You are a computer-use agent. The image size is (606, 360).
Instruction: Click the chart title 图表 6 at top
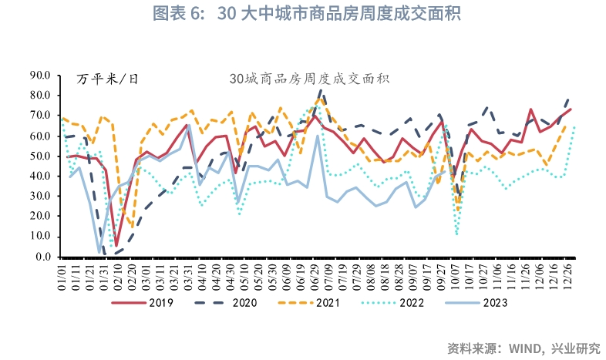(302, 14)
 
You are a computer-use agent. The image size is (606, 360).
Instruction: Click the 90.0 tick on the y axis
(39, 75)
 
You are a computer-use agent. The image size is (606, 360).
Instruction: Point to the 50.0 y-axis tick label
(39, 156)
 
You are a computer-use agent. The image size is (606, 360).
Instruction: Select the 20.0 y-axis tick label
(39, 216)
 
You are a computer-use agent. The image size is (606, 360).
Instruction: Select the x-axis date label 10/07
(457, 272)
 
